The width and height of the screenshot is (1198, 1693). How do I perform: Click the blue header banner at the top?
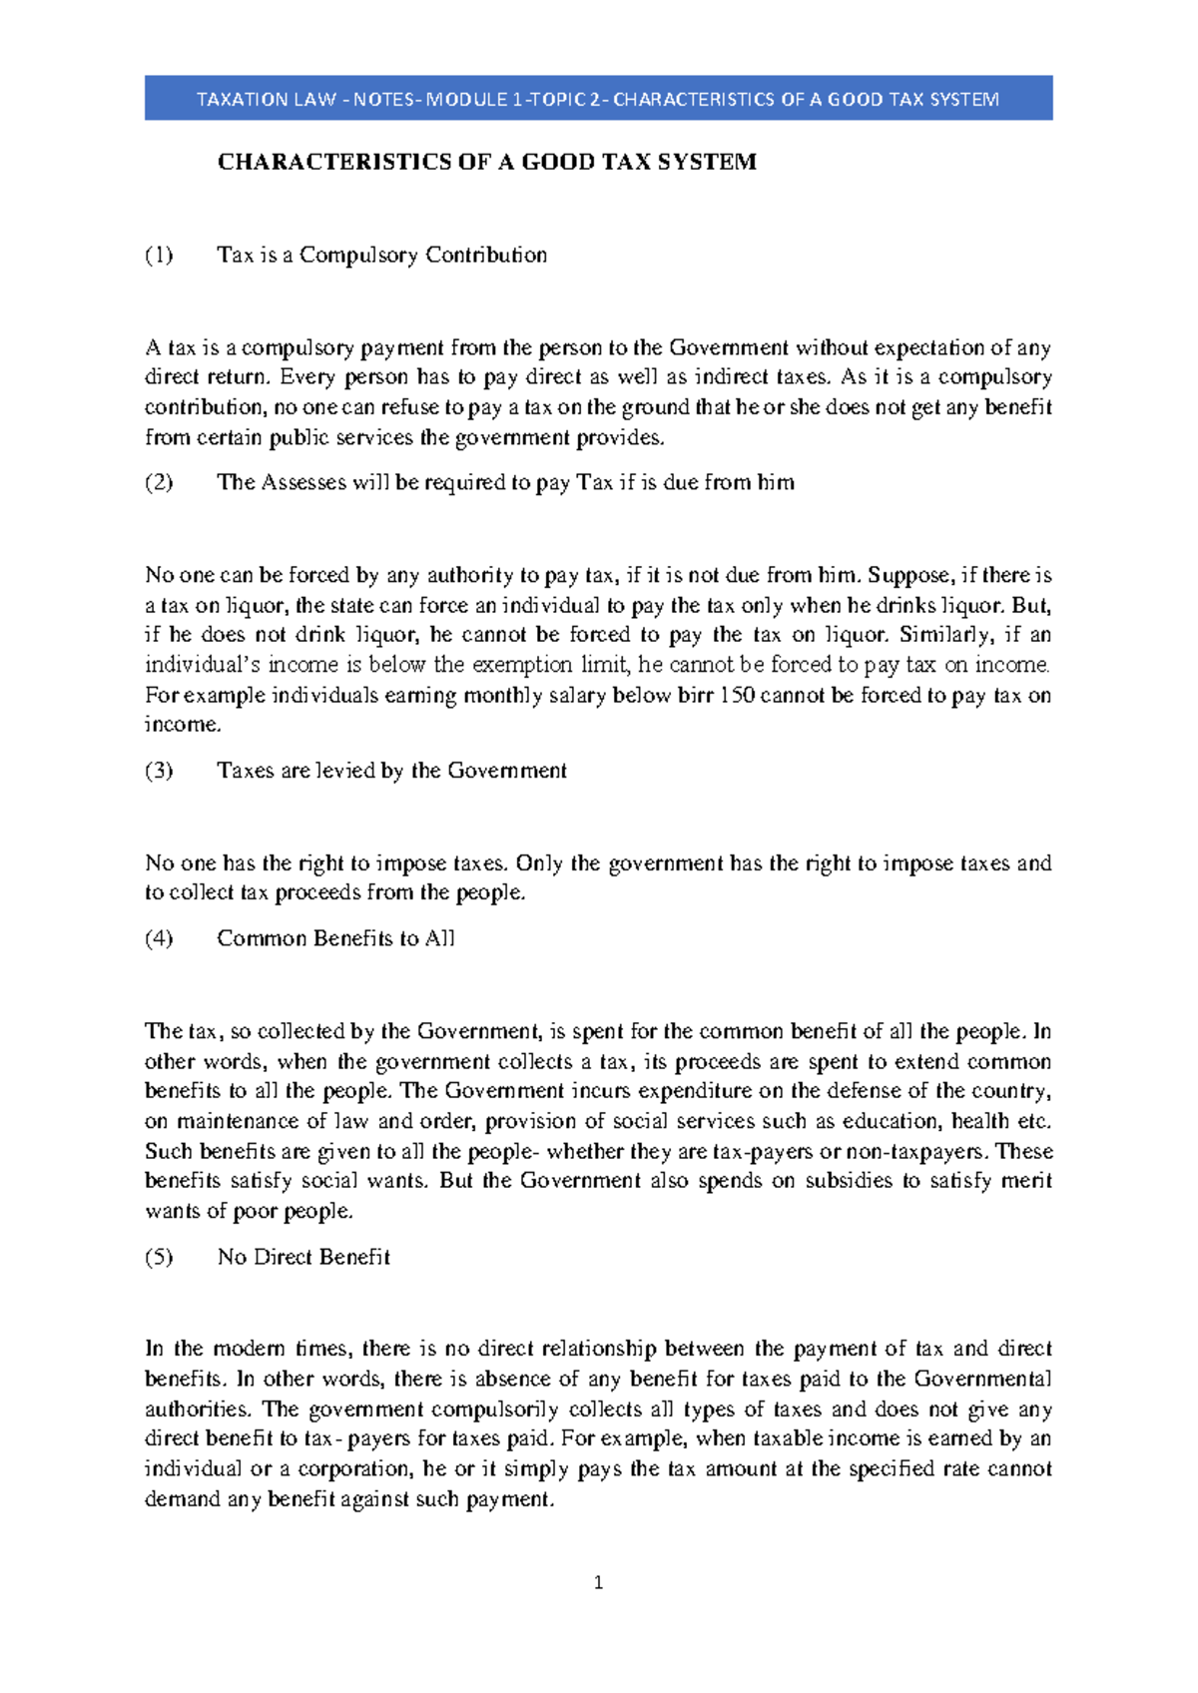pos(598,98)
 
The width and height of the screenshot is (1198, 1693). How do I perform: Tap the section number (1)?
pos(159,255)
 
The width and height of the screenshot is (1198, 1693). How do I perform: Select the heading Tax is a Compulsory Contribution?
pos(381,255)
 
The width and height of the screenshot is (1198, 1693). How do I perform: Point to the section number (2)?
pos(159,482)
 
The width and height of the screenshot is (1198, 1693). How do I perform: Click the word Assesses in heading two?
pos(303,482)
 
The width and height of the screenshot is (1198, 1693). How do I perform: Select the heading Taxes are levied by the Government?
pos(391,771)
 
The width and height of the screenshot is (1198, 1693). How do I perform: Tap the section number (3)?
pos(159,771)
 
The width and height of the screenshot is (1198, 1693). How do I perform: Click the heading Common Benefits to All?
pos(335,938)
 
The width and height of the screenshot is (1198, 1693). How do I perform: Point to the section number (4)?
pos(159,938)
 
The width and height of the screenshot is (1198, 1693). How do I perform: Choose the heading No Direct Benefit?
pos(303,1257)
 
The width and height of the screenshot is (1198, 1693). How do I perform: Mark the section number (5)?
pos(159,1257)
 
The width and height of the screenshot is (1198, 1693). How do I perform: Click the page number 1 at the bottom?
pos(598,1582)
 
